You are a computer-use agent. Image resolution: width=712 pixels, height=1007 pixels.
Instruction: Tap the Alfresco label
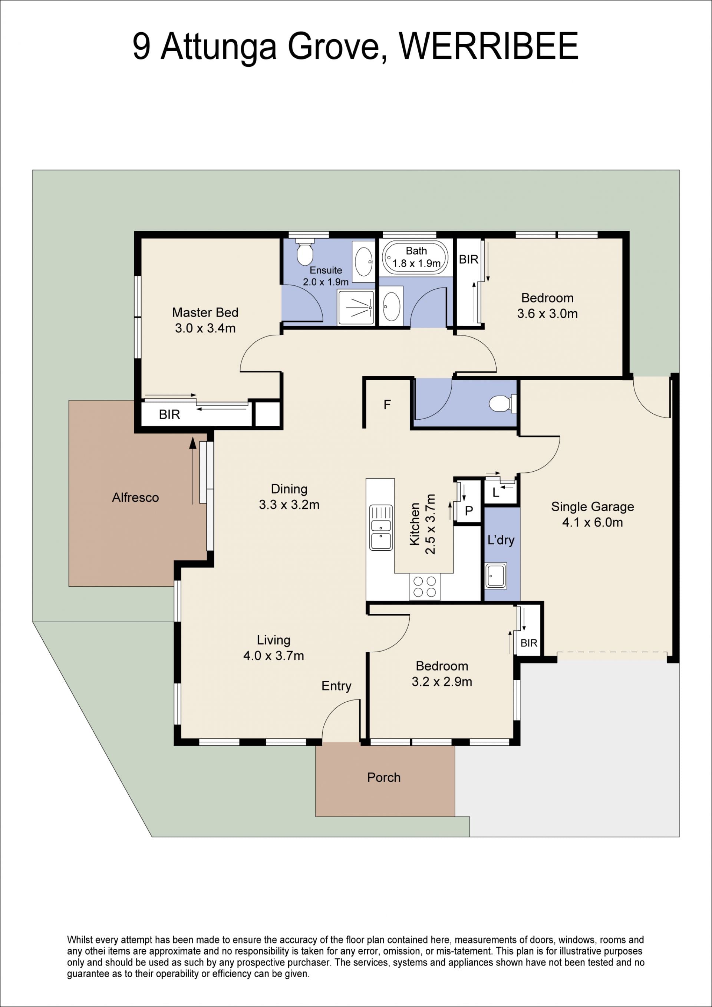(135, 497)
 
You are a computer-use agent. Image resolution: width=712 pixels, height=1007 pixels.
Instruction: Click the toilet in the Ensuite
(305, 252)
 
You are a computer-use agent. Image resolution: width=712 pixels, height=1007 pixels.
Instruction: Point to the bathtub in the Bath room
(416, 258)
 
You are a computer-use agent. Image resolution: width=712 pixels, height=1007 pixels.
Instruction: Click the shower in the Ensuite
(356, 308)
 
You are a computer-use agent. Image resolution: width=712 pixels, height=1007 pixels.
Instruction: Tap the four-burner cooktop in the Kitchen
(424, 586)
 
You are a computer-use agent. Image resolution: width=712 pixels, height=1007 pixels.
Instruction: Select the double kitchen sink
(381, 528)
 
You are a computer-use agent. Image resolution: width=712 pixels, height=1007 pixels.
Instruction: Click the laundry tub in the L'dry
(496, 575)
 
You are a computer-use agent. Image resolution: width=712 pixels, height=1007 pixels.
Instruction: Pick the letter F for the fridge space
(387, 404)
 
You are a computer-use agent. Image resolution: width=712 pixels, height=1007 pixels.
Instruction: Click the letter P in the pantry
(469, 511)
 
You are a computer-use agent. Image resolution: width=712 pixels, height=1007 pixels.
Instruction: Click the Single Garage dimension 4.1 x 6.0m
(592, 522)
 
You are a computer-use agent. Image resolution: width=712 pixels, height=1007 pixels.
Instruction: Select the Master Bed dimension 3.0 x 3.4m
(205, 328)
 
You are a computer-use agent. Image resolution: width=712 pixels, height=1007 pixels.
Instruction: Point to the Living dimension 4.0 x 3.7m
(274, 656)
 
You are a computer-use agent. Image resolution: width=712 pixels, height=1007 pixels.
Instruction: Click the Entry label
(336, 686)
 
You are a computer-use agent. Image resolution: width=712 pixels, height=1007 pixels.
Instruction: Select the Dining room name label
(289, 489)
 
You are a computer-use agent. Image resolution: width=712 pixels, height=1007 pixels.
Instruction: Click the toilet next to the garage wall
(502, 403)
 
